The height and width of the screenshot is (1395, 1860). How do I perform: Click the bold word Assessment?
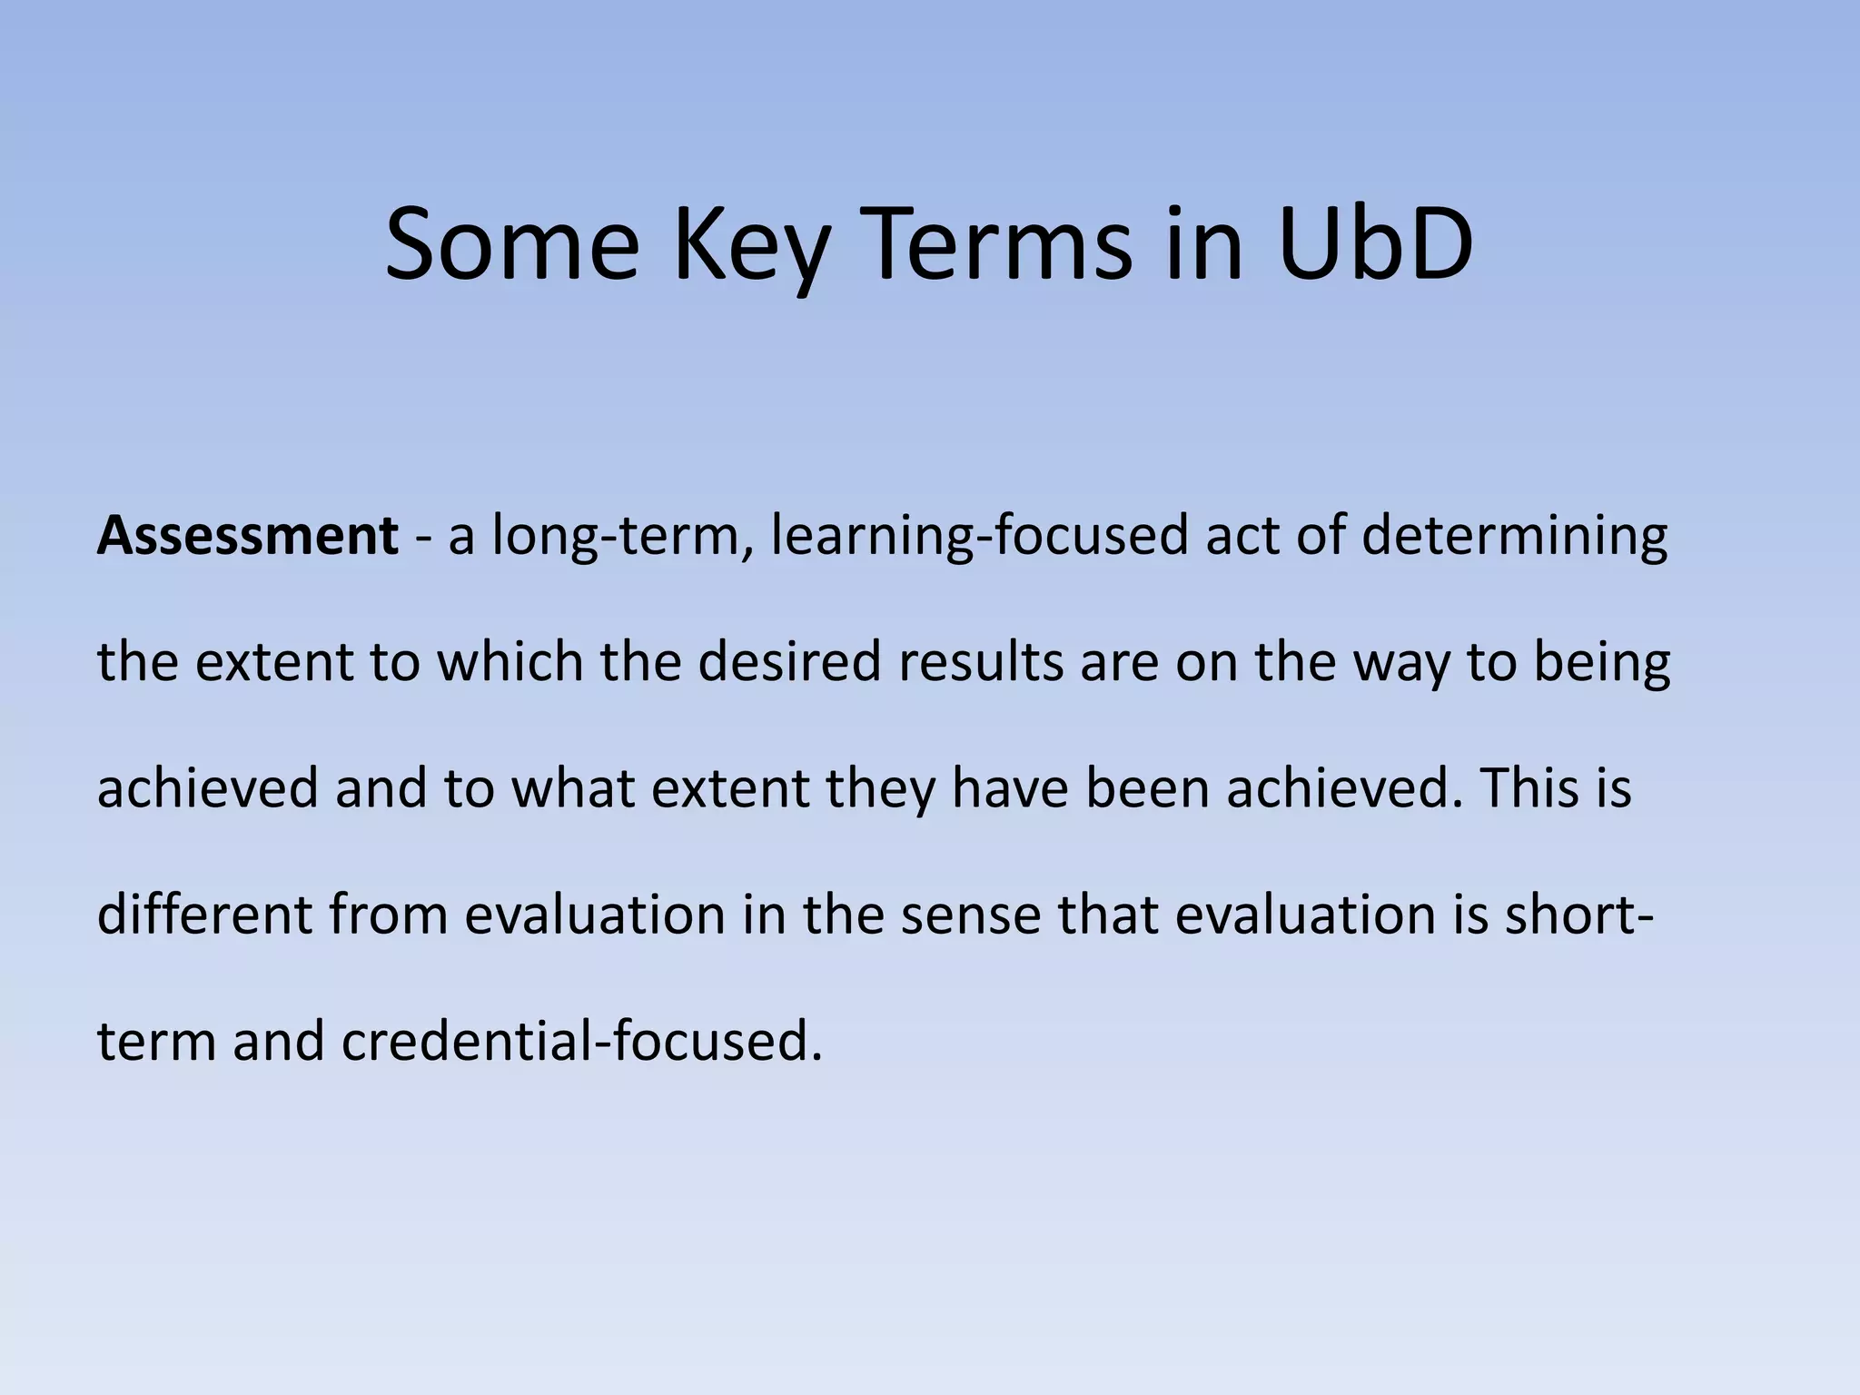(x=247, y=536)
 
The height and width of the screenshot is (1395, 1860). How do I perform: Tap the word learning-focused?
(x=979, y=536)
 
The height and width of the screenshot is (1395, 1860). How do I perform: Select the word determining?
(x=1514, y=536)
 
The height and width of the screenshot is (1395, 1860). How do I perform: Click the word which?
(x=510, y=661)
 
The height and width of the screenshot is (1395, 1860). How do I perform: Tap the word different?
(x=204, y=914)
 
